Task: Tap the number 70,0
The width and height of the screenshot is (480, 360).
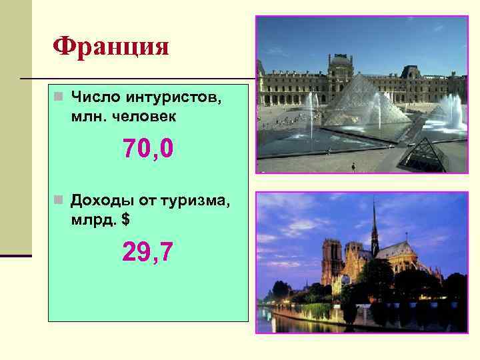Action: (148, 149)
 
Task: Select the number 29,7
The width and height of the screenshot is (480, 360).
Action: (148, 252)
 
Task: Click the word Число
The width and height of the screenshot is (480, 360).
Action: (93, 99)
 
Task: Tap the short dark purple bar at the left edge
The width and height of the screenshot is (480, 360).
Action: (15, 255)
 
